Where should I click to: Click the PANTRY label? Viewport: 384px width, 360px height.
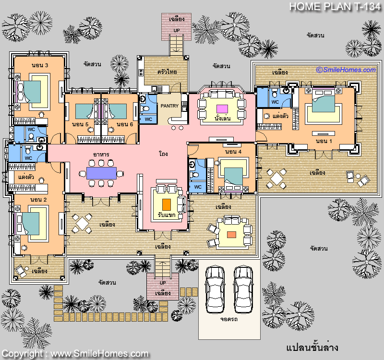click(169, 106)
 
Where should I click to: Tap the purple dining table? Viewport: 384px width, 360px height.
click(101, 173)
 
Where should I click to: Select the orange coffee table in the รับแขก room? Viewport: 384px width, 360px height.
click(167, 204)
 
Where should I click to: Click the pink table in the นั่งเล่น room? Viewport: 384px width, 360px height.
click(222, 109)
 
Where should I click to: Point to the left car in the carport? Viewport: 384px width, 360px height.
click(215, 290)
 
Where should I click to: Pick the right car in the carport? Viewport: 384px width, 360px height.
click(243, 290)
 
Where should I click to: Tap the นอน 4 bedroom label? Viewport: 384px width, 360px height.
click(233, 152)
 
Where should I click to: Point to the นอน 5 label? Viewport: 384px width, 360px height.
click(80, 124)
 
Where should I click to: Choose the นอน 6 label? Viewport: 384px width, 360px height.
click(125, 124)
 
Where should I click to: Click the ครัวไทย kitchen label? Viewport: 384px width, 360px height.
click(167, 72)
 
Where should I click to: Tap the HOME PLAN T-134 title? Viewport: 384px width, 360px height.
click(335, 7)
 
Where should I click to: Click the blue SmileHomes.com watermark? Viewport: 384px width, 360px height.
click(346, 70)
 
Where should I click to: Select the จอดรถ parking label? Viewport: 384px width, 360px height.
click(229, 319)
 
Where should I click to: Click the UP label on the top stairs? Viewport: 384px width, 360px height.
click(177, 30)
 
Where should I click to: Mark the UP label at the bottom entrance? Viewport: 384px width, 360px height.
click(163, 283)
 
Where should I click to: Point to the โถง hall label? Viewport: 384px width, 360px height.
click(163, 154)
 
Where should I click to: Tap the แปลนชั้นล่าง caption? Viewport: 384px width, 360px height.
click(312, 347)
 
